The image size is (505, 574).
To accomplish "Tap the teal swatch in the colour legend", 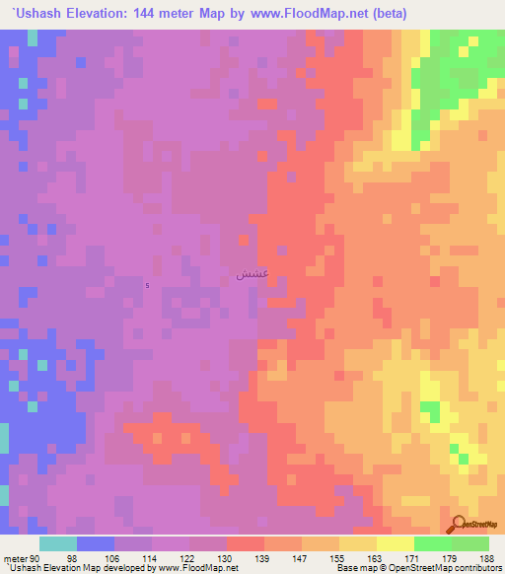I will click(x=57, y=543).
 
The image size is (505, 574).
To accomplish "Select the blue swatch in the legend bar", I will click(x=96, y=543).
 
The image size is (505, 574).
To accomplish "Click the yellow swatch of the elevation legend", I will click(x=395, y=543).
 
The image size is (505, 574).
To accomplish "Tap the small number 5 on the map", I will click(x=147, y=286).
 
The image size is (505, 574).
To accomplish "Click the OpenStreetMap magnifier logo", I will click(x=459, y=526).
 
